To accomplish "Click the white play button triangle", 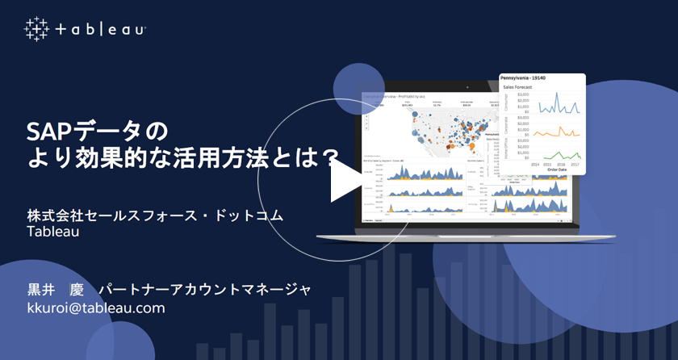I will pyautogui.click(x=344, y=180).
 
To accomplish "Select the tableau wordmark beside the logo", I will pyautogui.click(x=101, y=30).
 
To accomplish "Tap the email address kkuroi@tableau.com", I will pyautogui.click(x=96, y=308).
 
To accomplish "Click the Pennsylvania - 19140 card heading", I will pyautogui.click(x=528, y=78).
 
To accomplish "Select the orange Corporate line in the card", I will pyautogui.click(x=557, y=132).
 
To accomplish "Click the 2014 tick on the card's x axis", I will pyautogui.click(x=535, y=165).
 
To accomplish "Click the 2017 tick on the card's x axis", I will pyautogui.click(x=574, y=165).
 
